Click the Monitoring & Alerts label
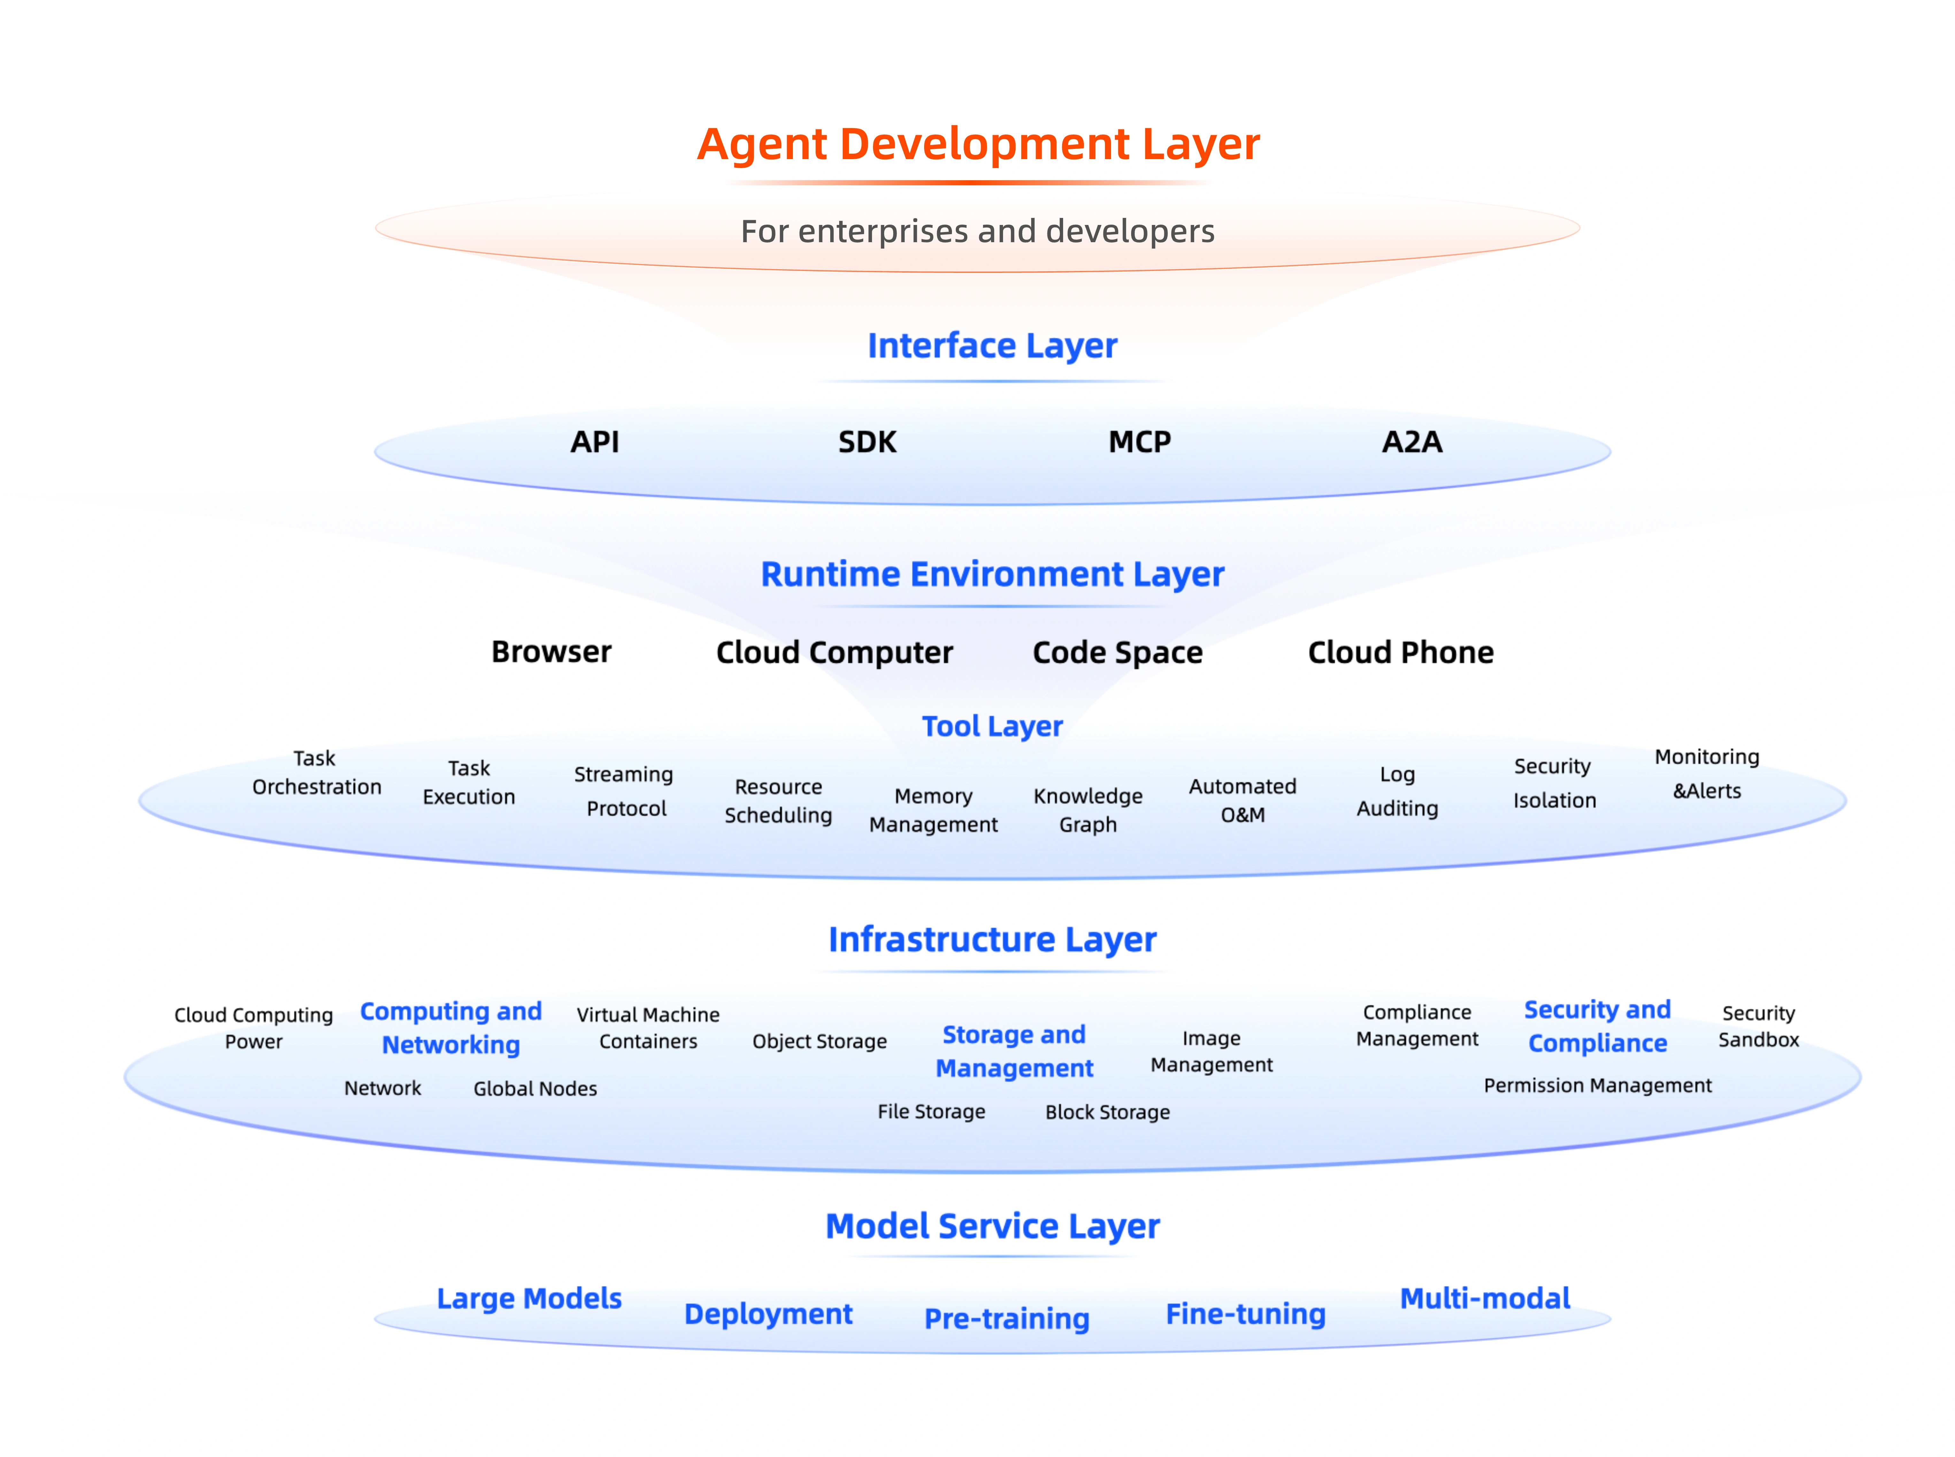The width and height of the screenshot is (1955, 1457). pyautogui.click(x=1706, y=774)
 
